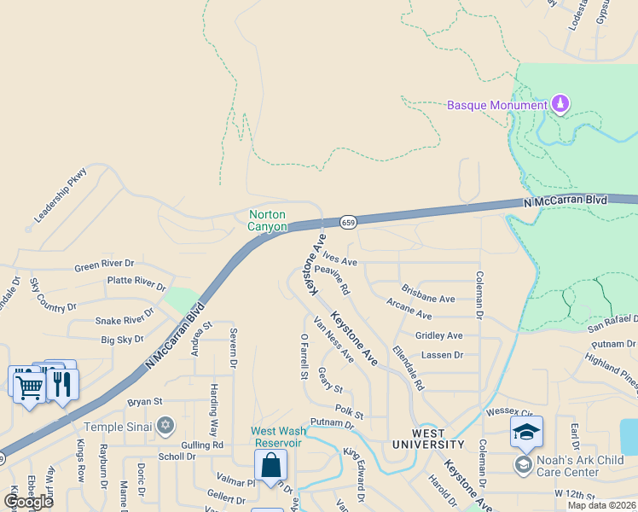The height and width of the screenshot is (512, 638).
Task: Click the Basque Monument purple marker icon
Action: (560, 104)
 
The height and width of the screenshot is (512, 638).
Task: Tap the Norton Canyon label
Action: (267, 221)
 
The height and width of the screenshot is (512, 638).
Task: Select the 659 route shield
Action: (347, 222)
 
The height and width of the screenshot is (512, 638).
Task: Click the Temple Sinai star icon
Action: (165, 426)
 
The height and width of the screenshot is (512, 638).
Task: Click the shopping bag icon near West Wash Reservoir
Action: (270, 466)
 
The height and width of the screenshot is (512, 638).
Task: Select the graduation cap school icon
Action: (526, 432)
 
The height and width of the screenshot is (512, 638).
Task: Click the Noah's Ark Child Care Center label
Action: (580, 466)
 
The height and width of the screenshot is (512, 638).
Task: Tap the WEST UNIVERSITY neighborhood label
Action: (428, 445)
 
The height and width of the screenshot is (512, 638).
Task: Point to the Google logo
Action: (28, 501)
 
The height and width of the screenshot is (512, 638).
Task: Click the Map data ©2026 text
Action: (600, 505)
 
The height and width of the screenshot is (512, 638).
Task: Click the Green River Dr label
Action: (104, 265)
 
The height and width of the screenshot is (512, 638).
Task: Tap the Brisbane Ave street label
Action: (428, 299)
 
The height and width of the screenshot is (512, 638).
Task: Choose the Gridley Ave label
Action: (438, 335)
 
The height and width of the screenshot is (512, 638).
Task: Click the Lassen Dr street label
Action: (442, 354)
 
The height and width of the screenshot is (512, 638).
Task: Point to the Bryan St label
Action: (144, 401)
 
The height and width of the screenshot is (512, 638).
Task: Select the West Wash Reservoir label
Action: (276, 437)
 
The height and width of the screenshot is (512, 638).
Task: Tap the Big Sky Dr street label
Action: (123, 340)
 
